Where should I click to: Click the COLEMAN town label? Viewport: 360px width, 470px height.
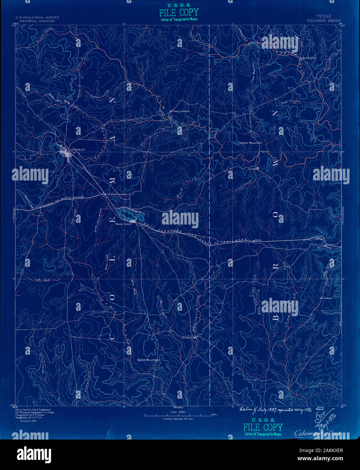coord(77,149)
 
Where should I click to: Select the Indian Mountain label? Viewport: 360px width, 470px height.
coord(250,143)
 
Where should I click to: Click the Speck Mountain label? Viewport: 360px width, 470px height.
coord(148,360)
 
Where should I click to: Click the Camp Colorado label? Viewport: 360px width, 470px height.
coord(181,111)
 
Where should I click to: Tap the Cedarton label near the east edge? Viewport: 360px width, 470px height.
coord(327,298)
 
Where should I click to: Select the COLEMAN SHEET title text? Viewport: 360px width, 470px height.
coord(323,21)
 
